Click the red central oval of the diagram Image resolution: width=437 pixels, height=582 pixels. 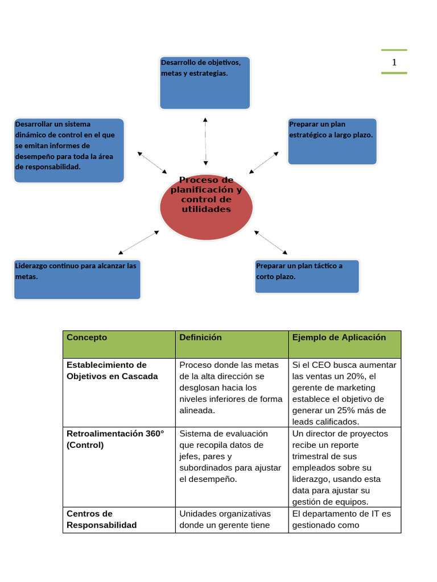coord(206,206)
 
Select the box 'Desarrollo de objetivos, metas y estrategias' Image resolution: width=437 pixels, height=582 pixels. coord(205,83)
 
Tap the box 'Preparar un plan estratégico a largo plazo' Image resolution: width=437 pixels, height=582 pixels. coord(332,142)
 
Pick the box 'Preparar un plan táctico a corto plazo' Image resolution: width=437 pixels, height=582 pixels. coord(307,276)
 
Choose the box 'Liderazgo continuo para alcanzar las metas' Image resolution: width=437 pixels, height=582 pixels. coord(77,279)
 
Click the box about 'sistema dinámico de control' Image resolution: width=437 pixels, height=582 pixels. coord(68,150)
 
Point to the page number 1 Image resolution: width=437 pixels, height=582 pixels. coord(394,62)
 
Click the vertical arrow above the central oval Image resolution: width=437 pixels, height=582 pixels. coord(205,142)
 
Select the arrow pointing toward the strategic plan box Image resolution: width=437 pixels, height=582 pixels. coord(264,163)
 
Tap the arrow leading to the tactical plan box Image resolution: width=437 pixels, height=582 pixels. coord(271,242)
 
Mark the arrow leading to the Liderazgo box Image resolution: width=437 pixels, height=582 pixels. coord(138,242)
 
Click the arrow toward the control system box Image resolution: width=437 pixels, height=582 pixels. coord(152,163)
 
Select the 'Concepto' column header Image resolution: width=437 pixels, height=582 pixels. coord(86,338)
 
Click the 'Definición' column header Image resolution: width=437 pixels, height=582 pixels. coord(200,338)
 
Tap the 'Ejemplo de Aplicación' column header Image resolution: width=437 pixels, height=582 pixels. coord(339,338)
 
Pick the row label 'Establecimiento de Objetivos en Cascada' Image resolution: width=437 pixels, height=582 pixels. coord(112,371)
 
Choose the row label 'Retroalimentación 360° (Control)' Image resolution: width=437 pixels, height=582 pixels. coord(115,439)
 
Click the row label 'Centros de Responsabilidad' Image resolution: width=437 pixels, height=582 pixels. coord(102,519)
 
